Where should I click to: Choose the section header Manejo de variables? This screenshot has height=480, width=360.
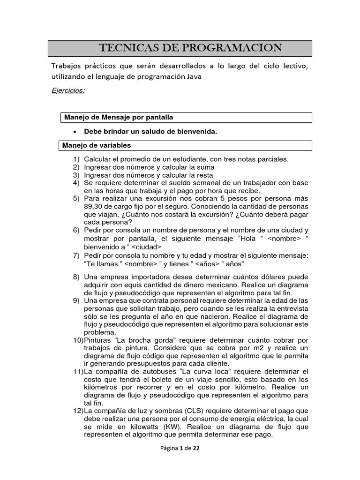(x=97, y=145)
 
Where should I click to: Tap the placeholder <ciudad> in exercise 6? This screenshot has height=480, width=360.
(x=146, y=247)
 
